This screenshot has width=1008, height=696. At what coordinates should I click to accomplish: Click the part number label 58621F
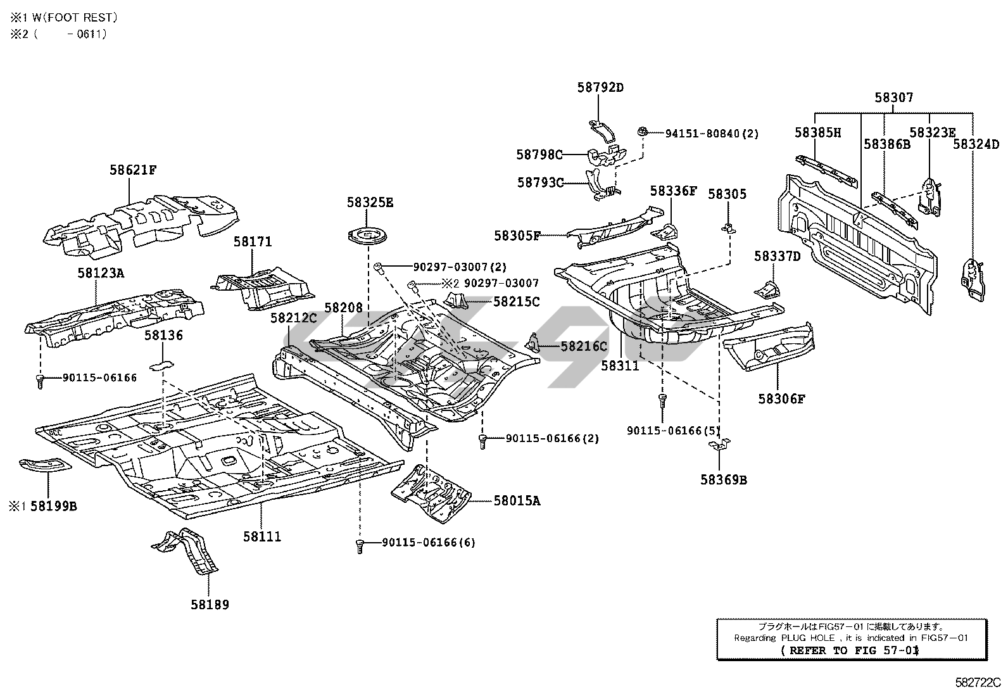(132, 170)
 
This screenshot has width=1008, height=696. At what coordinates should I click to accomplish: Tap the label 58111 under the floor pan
(261, 536)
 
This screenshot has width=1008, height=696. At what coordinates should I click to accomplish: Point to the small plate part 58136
(162, 365)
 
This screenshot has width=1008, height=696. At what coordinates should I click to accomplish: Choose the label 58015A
(517, 501)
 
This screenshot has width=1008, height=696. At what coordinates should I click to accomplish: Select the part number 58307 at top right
(894, 98)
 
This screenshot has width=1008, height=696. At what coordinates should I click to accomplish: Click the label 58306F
(781, 399)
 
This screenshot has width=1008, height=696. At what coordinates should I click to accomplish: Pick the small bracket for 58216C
(534, 343)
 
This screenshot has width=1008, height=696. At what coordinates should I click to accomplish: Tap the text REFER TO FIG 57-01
(850, 650)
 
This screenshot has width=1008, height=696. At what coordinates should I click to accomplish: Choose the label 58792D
(600, 87)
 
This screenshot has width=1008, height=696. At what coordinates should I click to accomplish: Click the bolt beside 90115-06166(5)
(662, 401)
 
